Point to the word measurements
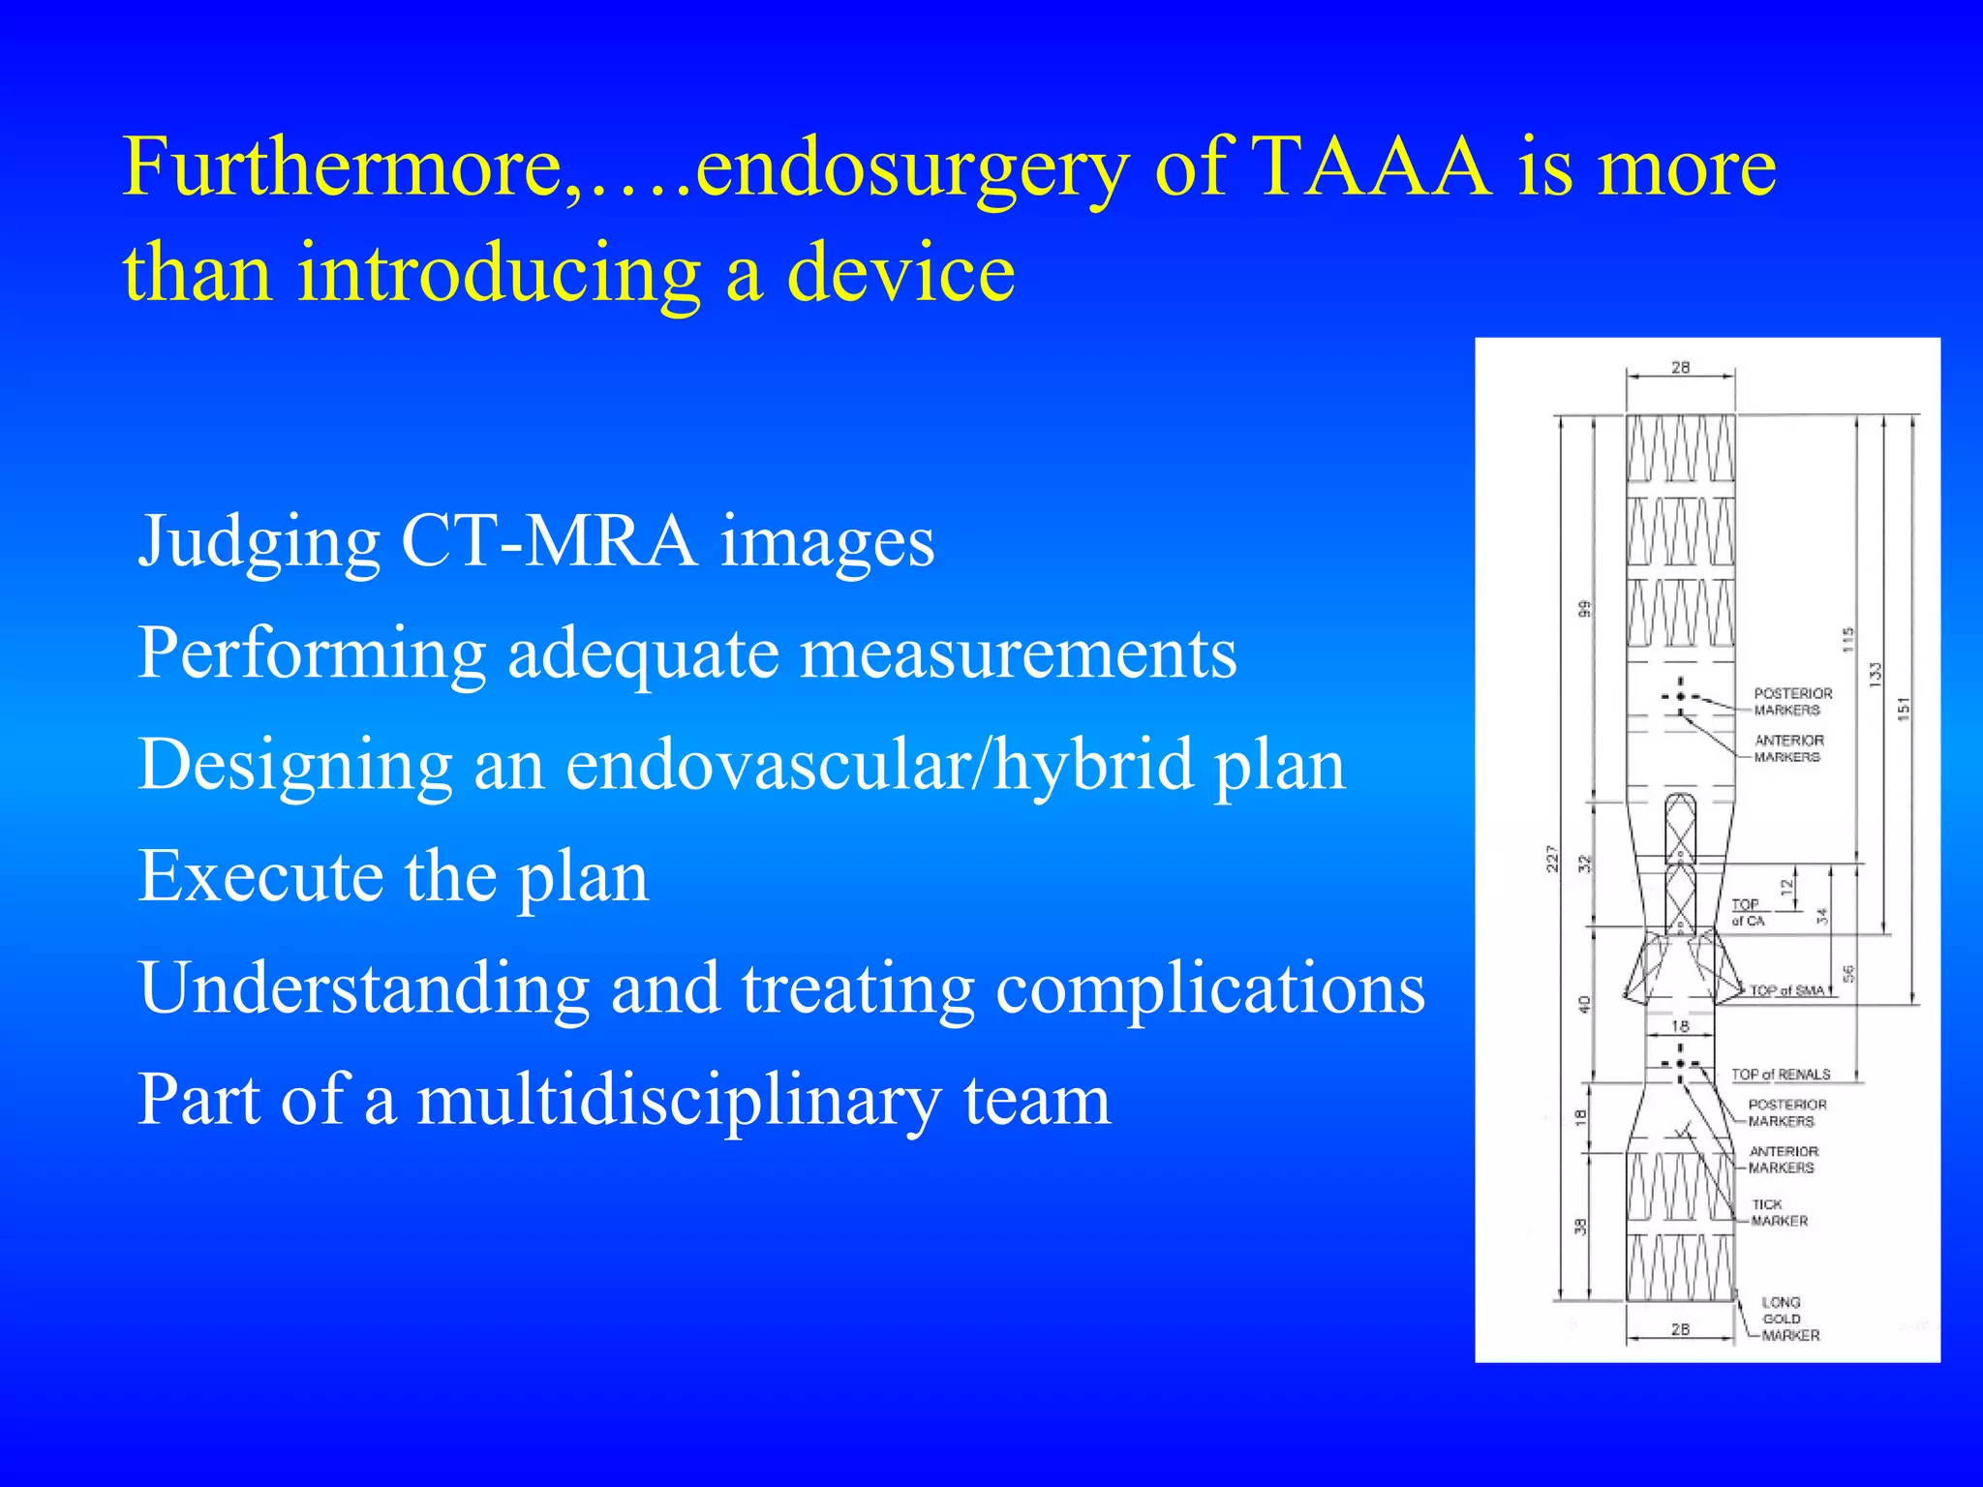pos(1019,652)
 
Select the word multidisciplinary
pos(679,1100)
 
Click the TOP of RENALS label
pos(1781,1075)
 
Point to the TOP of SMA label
pos(1786,991)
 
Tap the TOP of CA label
pos(1748,912)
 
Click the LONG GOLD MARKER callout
pos(1789,1319)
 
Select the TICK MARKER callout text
pos(1778,1213)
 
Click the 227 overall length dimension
pos(1552,859)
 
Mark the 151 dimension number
pos(1904,709)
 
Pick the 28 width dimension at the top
pos(1680,368)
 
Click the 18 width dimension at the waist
pos(1680,1026)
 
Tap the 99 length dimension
pos(1584,609)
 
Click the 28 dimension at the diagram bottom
pos(1680,1330)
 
